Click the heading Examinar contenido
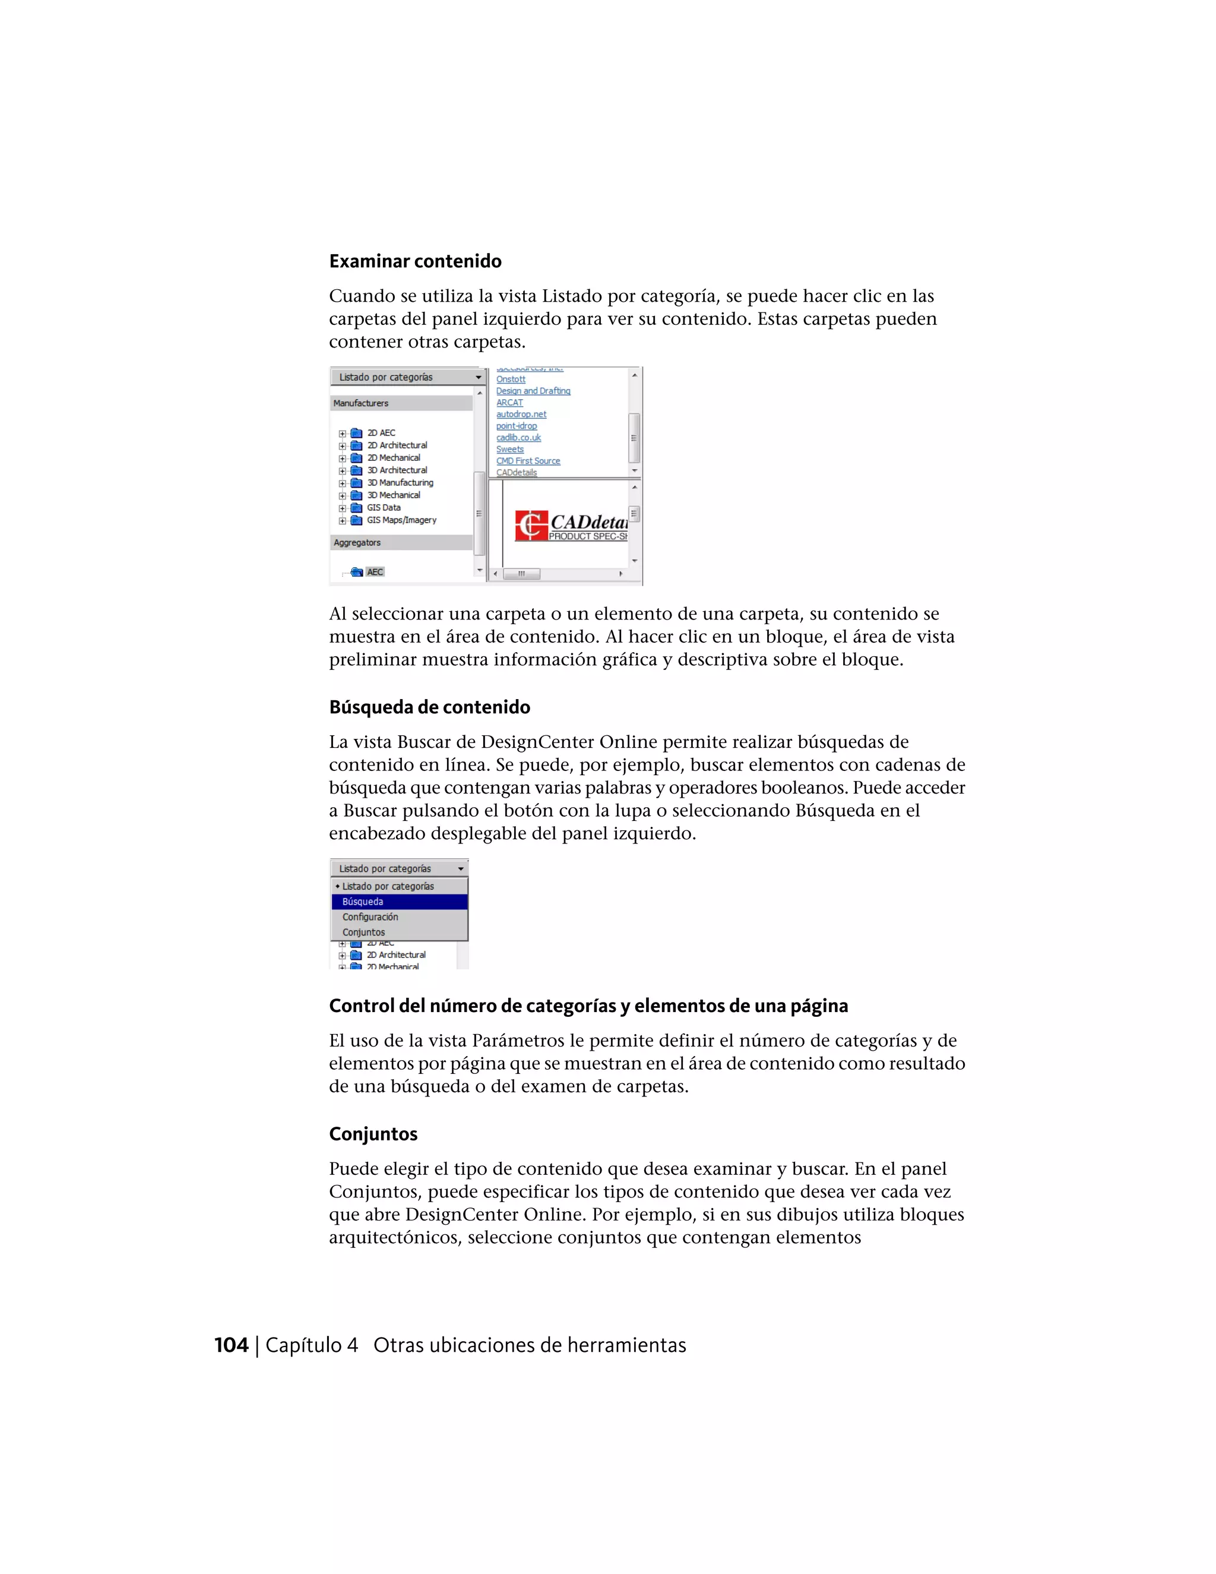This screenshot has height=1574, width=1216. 415,261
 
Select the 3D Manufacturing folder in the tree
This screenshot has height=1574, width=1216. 400,483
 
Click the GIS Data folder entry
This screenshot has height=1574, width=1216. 383,507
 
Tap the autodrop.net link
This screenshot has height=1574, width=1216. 521,415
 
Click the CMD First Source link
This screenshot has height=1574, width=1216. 527,462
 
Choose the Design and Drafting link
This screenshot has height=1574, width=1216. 533,391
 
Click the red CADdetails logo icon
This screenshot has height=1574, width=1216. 530,526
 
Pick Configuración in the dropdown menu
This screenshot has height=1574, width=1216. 370,916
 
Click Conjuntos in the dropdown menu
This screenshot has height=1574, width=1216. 364,933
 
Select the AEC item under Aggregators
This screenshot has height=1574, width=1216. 375,572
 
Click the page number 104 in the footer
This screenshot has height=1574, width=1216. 231,1345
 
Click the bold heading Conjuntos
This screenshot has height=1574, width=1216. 373,1134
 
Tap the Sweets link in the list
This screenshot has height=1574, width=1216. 509,450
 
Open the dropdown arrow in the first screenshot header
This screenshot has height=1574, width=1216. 477,378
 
